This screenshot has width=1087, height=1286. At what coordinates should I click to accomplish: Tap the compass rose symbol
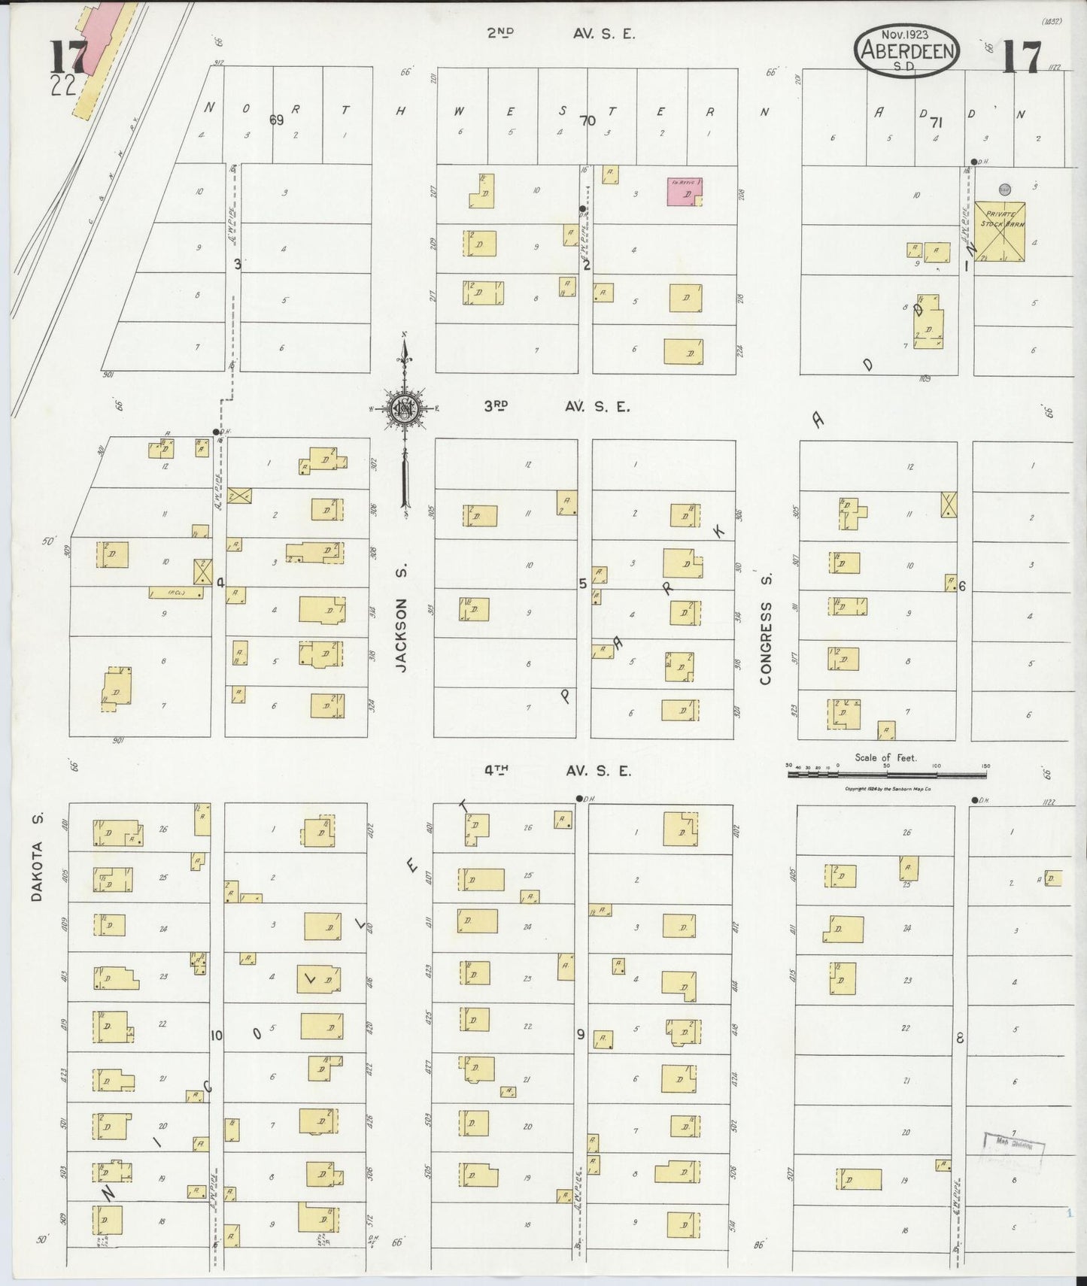[x=405, y=408]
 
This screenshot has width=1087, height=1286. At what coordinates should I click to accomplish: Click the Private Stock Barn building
[x=1000, y=231]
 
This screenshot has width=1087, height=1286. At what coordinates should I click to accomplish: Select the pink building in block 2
[x=685, y=192]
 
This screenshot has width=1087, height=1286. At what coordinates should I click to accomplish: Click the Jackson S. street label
[x=402, y=635]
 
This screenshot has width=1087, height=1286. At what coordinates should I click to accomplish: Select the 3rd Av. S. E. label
[x=556, y=406]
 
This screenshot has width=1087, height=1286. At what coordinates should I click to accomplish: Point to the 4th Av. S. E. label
[x=557, y=771]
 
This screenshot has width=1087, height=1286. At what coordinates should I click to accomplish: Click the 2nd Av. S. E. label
[x=560, y=33]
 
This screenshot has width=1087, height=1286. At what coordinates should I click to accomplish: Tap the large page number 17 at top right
[x=1021, y=57]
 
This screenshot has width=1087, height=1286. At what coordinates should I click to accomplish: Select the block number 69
[x=276, y=120]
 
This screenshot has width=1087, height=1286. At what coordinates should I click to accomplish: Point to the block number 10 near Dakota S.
[x=217, y=1036]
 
